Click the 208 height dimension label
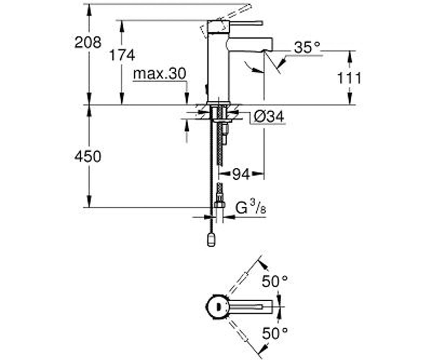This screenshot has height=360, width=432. pyautogui.click(x=88, y=42)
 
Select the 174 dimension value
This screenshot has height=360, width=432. pyautogui.click(x=122, y=55)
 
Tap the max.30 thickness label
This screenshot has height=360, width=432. pyautogui.click(x=159, y=74)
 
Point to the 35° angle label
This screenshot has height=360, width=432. pyautogui.click(x=307, y=48)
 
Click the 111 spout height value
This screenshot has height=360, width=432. pyautogui.click(x=349, y=78)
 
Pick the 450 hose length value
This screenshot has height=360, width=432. pyautogui.click(x=88, y=156)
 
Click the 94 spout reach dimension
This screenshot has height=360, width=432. pyautogui.click(x=241, y=174)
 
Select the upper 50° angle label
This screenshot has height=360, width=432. pyautogui.click(x=275, y=281)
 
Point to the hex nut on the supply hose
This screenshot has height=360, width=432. pyautogui.click(x=220, y=205)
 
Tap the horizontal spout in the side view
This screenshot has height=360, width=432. pyautogui.click(x=250, y=44)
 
